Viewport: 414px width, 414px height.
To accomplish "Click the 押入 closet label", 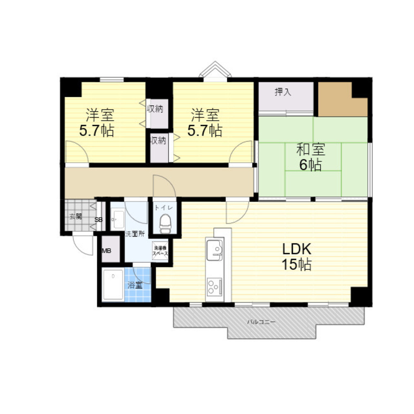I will tap(283, 92).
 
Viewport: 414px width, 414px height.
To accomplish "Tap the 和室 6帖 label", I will tap(310, 157).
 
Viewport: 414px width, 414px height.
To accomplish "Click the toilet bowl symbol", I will tap(165, 224).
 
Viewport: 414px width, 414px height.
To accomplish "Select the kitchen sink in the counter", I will tap(214, 250).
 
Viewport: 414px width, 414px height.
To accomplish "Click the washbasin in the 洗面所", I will tap(118, 217).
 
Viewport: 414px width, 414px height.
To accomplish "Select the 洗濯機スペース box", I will tap(160, 250).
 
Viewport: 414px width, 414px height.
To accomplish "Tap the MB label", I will tap(107, 250).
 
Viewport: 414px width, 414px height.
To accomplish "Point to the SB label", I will tap(99, 220).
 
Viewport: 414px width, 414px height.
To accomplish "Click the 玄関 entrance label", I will tap(75, 216).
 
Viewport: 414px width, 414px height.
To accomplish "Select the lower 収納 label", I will tap(158, 140).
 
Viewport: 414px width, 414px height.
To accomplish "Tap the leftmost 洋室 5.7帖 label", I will tap(97, 123).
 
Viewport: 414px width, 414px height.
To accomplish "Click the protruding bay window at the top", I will tap(215, 70).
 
